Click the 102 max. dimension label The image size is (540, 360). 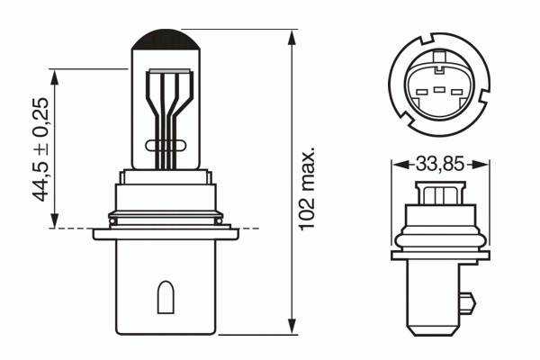click(307, 188)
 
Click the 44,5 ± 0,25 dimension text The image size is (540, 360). click(40, 149)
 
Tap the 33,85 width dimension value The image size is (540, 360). click(440, 164)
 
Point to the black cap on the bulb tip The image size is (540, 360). click(166, 40)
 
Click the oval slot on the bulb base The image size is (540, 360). click(166, 297)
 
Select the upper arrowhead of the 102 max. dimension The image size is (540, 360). click(292, 38)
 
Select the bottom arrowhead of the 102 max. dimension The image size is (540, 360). click(292, 326)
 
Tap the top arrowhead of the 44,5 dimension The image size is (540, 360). click(54, 77)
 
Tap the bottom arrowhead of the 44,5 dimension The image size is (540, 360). click(54, 220)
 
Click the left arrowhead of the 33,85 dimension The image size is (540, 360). click(400, 165)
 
